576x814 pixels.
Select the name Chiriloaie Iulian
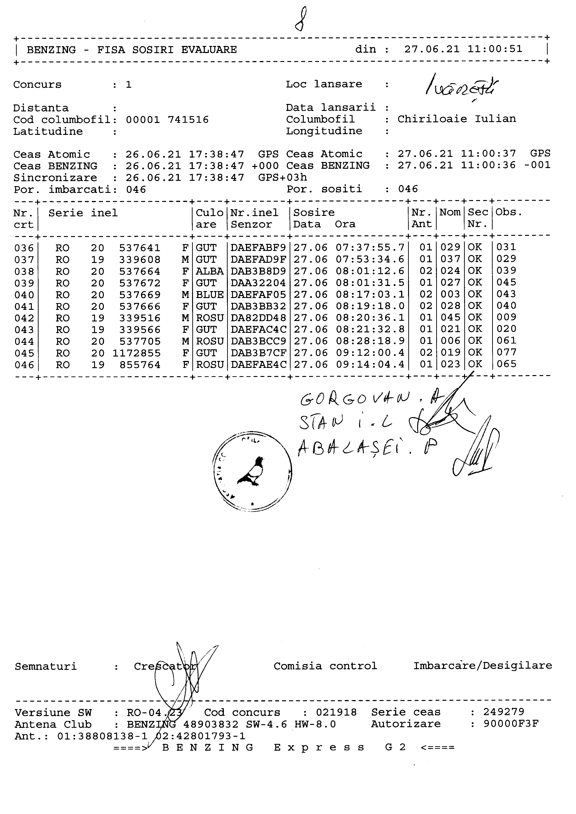[456, 119]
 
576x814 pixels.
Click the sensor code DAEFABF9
[258, 247]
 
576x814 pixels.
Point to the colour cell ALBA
[210, 271]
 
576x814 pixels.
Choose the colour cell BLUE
[210, 295]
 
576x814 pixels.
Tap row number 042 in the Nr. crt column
[24, 318]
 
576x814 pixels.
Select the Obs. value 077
[507, 352]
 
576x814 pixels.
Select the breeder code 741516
[188, 120]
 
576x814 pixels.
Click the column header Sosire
[314, 212]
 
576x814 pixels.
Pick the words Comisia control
[325, 666]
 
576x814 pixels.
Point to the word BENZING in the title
[51, 50]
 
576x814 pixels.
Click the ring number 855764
[140, 365]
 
